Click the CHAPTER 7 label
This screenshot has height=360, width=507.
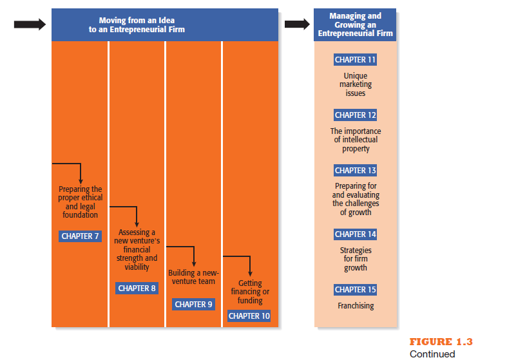pyautogui.click(x=80, y=236)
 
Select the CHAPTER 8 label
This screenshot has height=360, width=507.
pyautogui.click(x=137, y=289)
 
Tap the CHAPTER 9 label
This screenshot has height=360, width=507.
pyautogui.click(x=193, y=305)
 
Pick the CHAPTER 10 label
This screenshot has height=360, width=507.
pyautogui.click(x=249, y=316)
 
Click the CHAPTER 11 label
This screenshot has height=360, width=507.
pyautogui.click(x=355, y=60)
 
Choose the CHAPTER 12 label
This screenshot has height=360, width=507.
pyautogui.click(x=355, y=115)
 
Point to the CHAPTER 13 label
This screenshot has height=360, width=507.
pyautogui.click(x=355, y=170)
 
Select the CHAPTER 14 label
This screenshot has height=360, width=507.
pyautogui.click(x=355, y=234)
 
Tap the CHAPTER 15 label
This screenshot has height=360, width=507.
pyautogui.click(x=355, y=290)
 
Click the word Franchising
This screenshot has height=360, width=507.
pyautogui.click(x=356, y=306)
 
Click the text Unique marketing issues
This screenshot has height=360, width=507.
pyautogui.click(x=356, y=84)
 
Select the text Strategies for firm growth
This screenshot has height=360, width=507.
pyautogui.click(x=356, y=259)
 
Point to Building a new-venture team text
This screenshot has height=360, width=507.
pyautogui.click(x=193, y=277)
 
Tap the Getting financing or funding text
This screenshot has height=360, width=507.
pyautogui.click(x=250, y=292)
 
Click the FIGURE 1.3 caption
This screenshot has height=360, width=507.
pyautogui.click(x=441, y=341)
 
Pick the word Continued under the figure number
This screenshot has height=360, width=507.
pyautogui.click(x=432, y=354)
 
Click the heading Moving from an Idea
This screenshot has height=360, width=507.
pyautogui.click(x=137, y=21)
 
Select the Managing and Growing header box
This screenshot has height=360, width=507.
pyautogui.click(x=355, y=25)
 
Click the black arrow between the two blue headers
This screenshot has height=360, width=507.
pyautogui.click(x=297, y=24)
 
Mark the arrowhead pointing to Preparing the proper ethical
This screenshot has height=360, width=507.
pyautogui.click(x=81, y=182)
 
